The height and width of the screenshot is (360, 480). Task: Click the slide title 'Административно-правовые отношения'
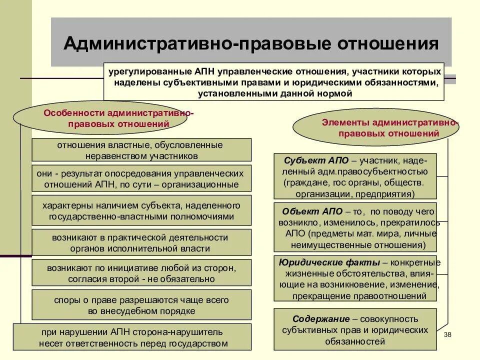(251, 43)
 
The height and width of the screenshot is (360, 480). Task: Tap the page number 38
(447, 333)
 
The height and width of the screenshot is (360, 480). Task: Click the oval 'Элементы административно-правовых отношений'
(375, 128)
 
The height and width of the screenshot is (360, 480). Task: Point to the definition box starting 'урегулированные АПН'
(274, 82)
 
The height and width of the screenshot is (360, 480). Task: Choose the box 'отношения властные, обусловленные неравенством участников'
(141, 150)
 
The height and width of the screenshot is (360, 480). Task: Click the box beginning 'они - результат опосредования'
(141, 178)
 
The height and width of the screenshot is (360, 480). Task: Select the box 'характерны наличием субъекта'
(141, 211)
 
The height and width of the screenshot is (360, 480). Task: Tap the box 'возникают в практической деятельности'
(141, 242)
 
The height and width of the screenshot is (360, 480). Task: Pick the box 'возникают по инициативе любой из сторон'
(141, 273)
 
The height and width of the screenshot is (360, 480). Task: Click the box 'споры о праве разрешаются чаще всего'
(141, 305)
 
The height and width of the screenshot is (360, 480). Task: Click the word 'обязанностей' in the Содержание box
(355, 341)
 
